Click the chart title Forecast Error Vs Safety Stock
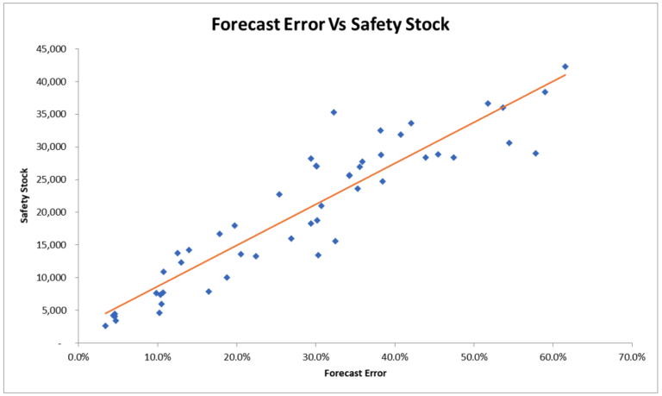coord(331,23)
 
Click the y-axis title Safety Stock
coord(26,195)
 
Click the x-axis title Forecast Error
coord(354,374)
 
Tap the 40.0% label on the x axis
coord(395,355)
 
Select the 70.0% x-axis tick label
coord(632,355)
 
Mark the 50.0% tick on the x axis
coord(474,355)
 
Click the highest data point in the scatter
coord(565,66)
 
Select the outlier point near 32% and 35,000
coord(334,112)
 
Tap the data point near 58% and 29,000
coord(535,154)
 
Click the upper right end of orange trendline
coord(565,75)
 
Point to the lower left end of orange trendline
coord(105,313)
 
